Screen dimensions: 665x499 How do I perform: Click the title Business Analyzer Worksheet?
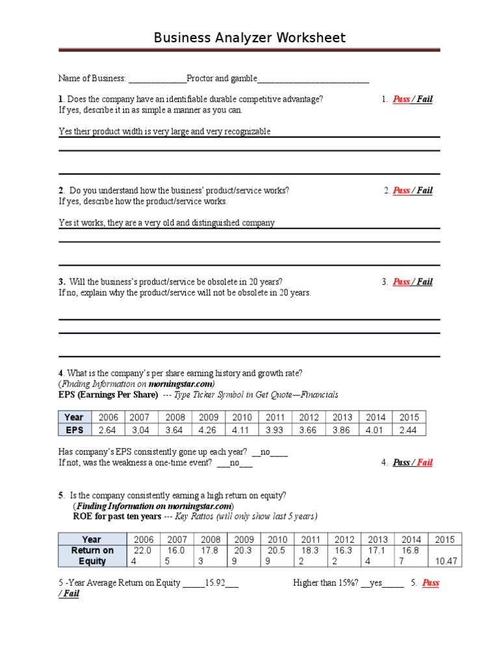click(x=249, y=38)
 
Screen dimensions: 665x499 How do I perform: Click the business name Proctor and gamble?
click(x=222, y=79)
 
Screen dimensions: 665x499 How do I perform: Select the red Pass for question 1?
click(x=401, y=99)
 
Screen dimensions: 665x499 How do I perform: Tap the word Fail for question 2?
click(x=424, y=190)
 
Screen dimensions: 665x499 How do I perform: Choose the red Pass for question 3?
click(x=401, y=282)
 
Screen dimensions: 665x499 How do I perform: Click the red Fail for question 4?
click(x=424, y=462)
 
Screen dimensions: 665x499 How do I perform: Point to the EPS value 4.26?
click(x=209, y=430)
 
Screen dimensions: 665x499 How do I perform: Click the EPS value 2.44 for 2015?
click(x=409, y=430)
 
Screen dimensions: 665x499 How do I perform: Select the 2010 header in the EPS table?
click(x=242, y=418)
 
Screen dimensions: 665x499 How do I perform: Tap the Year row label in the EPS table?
click(x=75, y=418)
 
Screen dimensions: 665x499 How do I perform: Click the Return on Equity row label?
click(x=92, y=556)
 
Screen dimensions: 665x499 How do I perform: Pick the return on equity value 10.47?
click(x=445, y=561)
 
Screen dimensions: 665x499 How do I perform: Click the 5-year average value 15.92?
click(x=214, y=583)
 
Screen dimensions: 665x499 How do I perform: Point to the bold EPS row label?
click(x=75, y=430)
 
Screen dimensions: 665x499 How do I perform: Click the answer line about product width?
click(x=164, y=131)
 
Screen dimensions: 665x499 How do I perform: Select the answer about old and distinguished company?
click(x=166, y=223)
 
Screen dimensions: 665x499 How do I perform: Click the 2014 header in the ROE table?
click(x=411, y=539)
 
